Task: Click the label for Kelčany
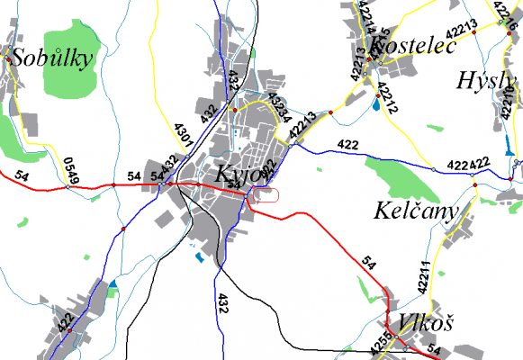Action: coord(416,211)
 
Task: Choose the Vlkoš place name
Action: coord(422,322)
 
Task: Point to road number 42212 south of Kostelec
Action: coord(387,100)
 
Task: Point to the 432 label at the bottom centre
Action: coord(222,303)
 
